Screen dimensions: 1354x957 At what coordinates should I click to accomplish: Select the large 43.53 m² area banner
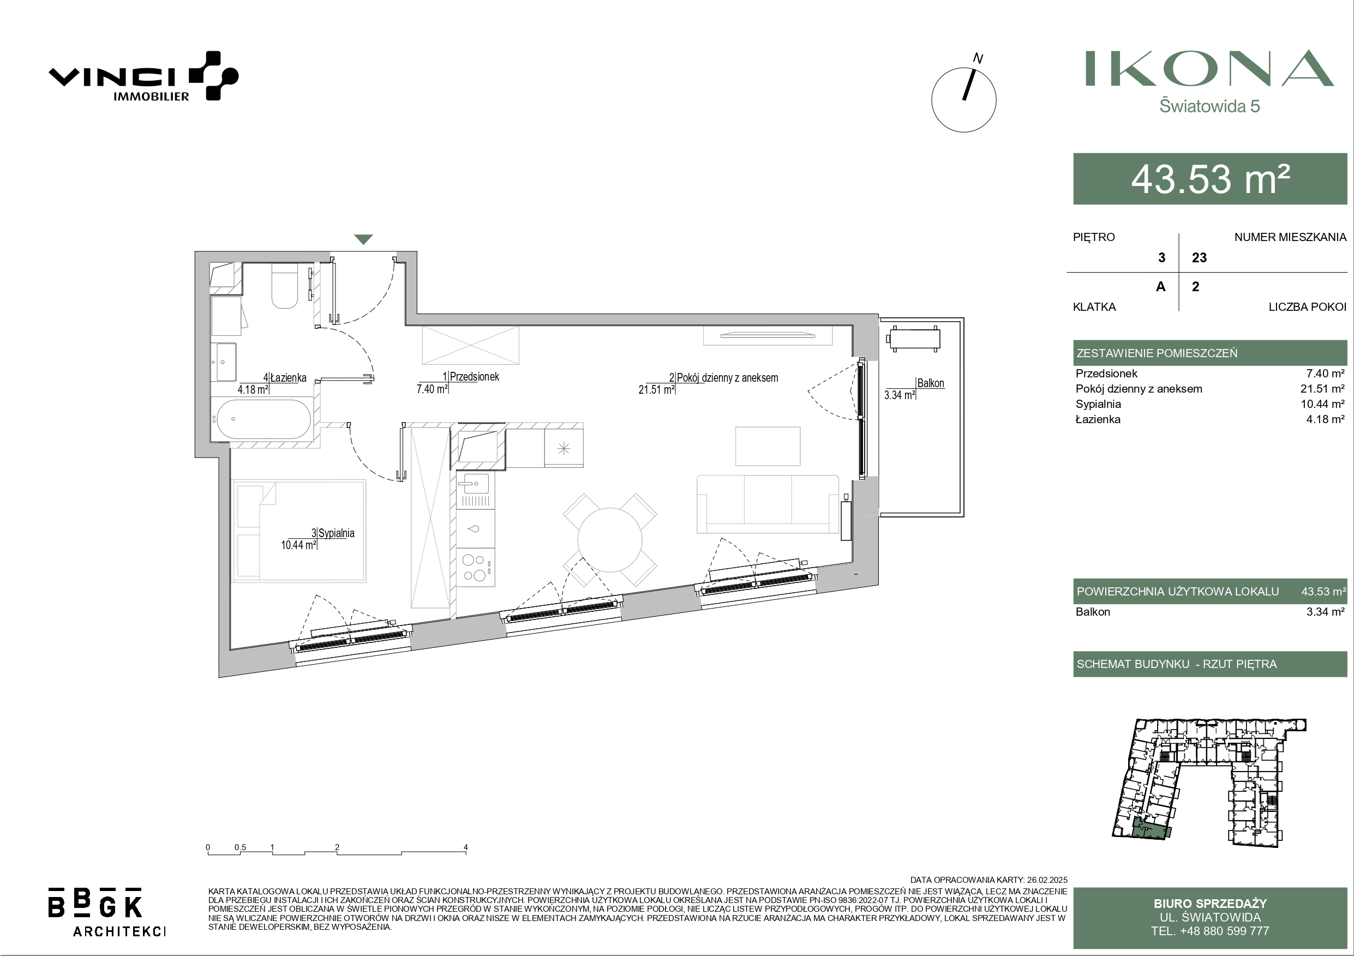pyautogui.click(x=1210, y=179)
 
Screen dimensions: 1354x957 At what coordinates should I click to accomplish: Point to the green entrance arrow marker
pyautogui.click(x=363, y=239)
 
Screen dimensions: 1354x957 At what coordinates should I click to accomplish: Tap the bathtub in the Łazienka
pyautogui.click(x=263, y=419)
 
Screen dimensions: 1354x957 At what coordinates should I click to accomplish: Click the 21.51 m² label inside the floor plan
pyautogui.click(x=656, y=390)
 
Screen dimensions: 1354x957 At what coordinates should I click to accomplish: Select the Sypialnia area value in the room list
pyautogui.click(x=1325, y=404)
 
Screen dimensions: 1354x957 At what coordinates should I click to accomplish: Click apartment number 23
pyautogui.click(x=1200, y=258)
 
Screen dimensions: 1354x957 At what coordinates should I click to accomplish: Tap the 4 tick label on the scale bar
pyautogui.click(x=466, y=847)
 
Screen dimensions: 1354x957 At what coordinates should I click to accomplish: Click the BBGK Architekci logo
pyautogui.click(x=106, y=912)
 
